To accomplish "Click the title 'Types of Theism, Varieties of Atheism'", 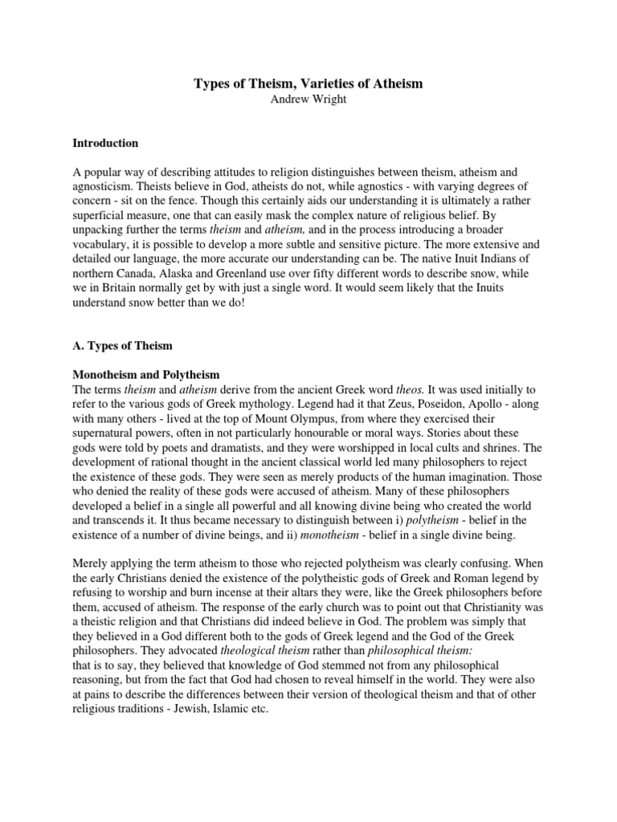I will point(308,83).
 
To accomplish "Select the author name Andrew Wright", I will point(308,100).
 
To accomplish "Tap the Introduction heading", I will point(105,143).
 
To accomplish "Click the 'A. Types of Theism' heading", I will point(123,346).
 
